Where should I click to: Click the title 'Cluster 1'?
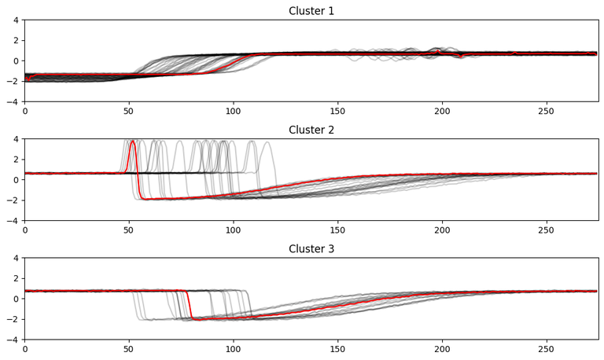[311, 11]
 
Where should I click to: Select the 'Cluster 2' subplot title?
[311, 130]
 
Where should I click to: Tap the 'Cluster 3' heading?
[311, 249]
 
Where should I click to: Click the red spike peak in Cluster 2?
[132, 141]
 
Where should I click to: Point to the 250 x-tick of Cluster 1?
[546, 112]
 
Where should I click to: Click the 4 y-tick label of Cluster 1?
[16, 20]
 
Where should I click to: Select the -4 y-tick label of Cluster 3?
[13, 340]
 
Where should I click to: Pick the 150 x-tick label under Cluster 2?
[337, 231]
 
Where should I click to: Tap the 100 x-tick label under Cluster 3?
[233, 350]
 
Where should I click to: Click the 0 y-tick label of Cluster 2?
[16, 180]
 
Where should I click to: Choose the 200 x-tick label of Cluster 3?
[441, 350]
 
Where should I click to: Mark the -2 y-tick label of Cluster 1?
[13, 81]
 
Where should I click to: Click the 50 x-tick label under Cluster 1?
[129, 112]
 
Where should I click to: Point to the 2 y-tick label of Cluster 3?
[16, 278]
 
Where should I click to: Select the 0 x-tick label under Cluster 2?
[24, 231]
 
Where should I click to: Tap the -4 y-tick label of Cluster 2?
[13, 221]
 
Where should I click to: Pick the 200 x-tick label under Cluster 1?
[441, 112]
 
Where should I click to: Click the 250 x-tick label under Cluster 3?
[546, 350]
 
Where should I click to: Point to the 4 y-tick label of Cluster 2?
[16, 139]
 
